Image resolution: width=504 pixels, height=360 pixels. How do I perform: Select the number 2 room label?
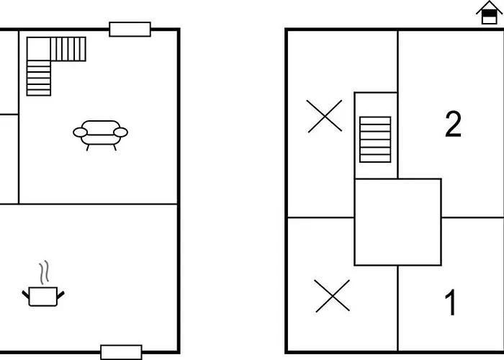pyautogui.click(x=453, y=124)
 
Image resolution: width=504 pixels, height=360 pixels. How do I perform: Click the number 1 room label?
pyautogui.click(x=451, y=302)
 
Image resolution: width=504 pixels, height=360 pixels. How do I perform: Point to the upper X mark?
pyautogui.click(x=324, y=116)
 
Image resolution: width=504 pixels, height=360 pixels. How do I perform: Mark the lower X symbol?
pyautogui.click(x=332, y=296)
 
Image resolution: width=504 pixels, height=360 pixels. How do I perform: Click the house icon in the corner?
pyautogui.click(x=489, y=12)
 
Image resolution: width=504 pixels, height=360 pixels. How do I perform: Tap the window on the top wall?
pyautogui.click(x=130, y=30)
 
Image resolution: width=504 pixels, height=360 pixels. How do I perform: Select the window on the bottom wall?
pyautogui.click(x=121, y=352)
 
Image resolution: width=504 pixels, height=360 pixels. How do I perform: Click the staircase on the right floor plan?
pyautogui.click(x=375, y=140)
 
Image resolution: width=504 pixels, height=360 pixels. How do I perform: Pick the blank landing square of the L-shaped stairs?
pyautogui.click(x=39, y=49)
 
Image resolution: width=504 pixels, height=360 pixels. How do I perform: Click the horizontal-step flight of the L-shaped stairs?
pyautogui.click(x=39, y=78)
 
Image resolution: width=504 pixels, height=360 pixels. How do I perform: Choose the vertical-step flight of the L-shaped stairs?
pyautogui.click(x=68, y=49)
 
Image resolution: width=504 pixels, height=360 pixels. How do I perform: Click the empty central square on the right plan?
pyautogui.click(x=397, y=222)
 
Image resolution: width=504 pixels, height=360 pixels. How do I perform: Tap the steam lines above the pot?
pyautogui.click(x=45, y=273)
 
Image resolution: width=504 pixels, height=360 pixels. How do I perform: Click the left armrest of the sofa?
pyautogui.click(x=80, y=132)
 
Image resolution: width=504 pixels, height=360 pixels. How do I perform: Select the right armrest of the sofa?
pyautogui.click(x=121, y=132)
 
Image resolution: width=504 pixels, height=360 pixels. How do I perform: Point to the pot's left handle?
pyautogui.click(x=25, y=294)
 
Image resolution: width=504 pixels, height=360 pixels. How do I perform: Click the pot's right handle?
pyautogui.click(x=60, y=294)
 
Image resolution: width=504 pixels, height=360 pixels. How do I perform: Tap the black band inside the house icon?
pyautogui.click(x=489, y=14)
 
